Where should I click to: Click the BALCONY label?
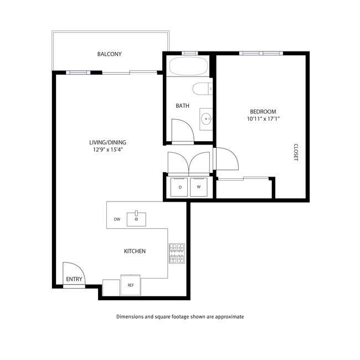click(109, 54)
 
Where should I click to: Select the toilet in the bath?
click(202, 88)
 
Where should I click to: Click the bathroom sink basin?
click(206, 117)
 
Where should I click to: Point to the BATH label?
click(182, 106)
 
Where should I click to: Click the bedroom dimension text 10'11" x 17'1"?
click(262, 119)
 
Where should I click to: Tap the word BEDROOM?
click(263, 111)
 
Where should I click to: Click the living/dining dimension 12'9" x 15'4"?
click(105, 149)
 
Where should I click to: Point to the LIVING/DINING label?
click(105, 142)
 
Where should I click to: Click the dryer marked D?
click(180, 187)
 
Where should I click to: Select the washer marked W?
click(199, 187)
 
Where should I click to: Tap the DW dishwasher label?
click(117, 219)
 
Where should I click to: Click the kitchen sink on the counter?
click(136, 219)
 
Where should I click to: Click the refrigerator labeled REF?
click(131, 285)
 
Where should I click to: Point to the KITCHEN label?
click(135, 251)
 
